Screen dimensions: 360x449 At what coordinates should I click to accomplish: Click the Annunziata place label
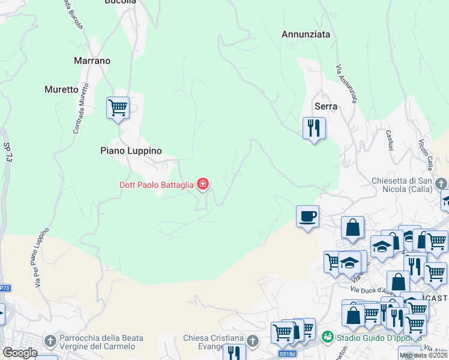tap(306, 35)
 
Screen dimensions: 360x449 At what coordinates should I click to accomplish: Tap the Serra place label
tap(326, 106)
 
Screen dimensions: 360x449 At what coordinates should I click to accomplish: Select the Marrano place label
tap(92, 61)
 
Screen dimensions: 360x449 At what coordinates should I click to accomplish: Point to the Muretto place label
tap(61, 89)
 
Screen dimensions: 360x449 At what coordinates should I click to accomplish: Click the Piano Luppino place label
tap(131, 151)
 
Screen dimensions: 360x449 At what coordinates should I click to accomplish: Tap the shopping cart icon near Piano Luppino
tap(118, 109)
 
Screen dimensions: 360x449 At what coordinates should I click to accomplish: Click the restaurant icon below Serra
tap(313, 128)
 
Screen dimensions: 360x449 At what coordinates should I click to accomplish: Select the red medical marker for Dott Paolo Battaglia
tap(203, 184)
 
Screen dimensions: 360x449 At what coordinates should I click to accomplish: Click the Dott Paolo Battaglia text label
tap(155, 185)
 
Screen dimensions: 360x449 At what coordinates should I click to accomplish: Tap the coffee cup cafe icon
tap(307, 217)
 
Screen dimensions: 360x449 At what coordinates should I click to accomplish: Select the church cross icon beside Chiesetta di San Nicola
tap(441, 182)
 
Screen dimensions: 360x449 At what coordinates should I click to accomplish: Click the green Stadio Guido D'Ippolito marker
tap(327, 337)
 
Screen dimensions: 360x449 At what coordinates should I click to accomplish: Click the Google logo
tap(20, 353)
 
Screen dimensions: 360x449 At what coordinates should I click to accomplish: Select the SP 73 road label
tap(8, 154)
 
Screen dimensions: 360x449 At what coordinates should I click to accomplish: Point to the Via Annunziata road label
tap(347, 83)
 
